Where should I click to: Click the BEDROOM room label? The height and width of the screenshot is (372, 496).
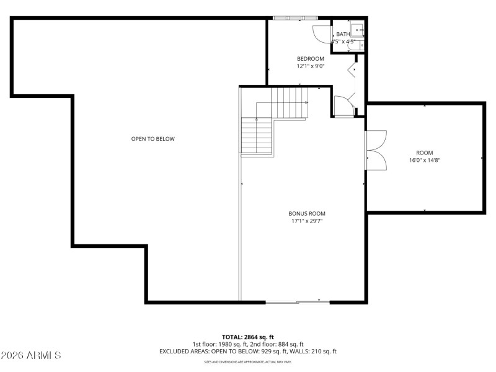click(310, 58)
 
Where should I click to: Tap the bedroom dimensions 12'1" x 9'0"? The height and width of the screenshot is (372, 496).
click(310, 66)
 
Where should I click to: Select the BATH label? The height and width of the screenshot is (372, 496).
click(343, 34)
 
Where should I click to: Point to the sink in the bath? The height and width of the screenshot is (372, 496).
click(358, 30)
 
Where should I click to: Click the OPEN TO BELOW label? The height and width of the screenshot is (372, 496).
click(153, 139)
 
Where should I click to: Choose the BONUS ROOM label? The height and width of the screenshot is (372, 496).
click(307, 213)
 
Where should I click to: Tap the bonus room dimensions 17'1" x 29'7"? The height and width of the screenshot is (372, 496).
click(307, 221)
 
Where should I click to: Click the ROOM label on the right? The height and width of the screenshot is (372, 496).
click(424, 153)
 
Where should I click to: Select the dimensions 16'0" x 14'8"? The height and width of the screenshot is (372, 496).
click(424, 160)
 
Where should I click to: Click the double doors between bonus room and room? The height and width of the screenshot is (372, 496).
click(376, 151)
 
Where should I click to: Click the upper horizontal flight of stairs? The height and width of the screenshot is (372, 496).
click(288, 102)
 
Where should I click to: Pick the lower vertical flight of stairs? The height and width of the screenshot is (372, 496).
click(257, 136)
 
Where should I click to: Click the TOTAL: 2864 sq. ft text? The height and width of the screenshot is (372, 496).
click(247, 337)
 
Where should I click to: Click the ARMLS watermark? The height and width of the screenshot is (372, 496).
click(31, 355)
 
